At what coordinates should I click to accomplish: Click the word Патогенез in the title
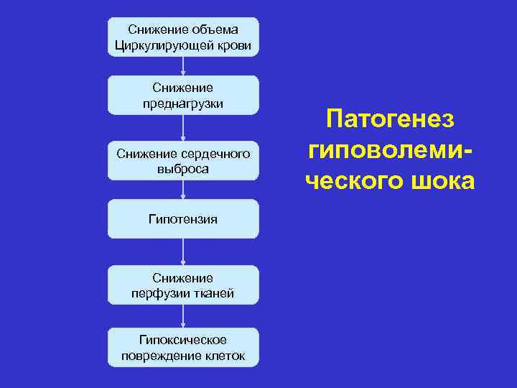coord(389,119)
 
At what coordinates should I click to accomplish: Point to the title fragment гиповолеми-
coord(391,150)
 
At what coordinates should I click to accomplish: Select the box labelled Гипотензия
coord(182,218)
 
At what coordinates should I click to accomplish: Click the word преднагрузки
coord(182,103)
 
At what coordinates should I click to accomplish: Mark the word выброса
coord(182,170)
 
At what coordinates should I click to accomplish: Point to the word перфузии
coord(158,293)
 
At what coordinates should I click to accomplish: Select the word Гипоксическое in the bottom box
coord(182,339)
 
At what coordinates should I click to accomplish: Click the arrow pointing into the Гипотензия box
coord(183,190)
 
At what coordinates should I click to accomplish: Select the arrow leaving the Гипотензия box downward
coord(183,251)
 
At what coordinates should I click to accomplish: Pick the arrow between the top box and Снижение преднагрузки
coord(183,65)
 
